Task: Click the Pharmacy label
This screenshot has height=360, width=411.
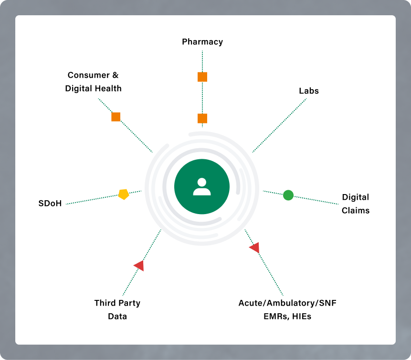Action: coord(202,42)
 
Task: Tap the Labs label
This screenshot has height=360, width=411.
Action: coord(308,91)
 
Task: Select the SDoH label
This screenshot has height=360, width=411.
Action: coord(50,204)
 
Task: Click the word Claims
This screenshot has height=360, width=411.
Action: coord(356,210)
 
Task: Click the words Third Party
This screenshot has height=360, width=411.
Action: coord(117,303)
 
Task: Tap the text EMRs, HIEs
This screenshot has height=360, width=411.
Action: coord(288,316)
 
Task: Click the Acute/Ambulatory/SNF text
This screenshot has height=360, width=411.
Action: coord(291,303)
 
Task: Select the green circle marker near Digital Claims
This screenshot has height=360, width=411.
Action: coord(288,195)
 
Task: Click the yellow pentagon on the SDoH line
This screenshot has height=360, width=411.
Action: coord(124,194)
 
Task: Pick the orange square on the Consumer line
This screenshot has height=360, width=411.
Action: coord(116,117)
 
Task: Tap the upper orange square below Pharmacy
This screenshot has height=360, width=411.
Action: coord(202,77)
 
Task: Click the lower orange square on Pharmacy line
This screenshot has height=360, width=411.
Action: coord(202,119)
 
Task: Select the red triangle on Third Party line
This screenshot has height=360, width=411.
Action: coord(139,266)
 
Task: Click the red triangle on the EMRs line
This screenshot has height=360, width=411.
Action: coord(255,247)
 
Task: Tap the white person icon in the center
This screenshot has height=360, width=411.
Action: coord(202,186)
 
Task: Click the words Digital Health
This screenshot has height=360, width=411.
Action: coord(94,88)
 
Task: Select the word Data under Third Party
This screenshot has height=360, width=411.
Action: coord(117,316)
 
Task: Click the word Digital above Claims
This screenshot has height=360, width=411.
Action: coord(356,197)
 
